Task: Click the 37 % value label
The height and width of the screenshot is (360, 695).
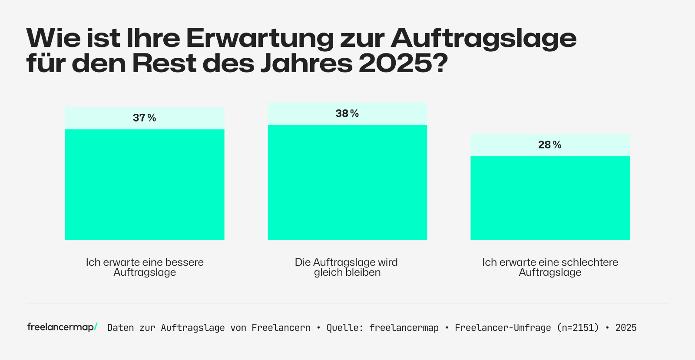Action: (144, 118)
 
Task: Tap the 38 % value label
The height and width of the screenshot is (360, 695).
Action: (347, 113)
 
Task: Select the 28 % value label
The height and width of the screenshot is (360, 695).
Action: (549, 145)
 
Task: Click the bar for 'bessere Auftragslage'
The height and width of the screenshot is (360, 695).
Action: (145, 185)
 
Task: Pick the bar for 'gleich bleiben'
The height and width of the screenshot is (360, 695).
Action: (347, 182)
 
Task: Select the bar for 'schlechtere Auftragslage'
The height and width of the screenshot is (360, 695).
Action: (550, 198)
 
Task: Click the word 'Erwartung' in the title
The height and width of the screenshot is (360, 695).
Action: (260, 38)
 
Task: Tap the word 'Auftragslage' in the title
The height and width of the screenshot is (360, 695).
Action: (483, 38)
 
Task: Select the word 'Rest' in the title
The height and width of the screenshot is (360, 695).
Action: (164, 63)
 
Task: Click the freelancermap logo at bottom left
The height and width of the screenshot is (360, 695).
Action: (62, 327)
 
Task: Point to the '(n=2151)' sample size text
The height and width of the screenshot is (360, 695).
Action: (578, 328)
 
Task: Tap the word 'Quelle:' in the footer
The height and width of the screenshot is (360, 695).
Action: (345, 328)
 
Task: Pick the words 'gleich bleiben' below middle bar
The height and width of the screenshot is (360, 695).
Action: (347, 272)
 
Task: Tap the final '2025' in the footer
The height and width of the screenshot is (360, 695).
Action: (626, 328)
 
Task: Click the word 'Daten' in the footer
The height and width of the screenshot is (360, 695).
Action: (121, 328)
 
